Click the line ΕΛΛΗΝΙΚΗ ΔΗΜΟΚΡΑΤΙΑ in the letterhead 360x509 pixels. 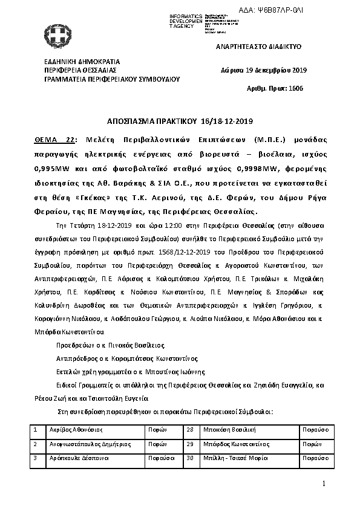82,62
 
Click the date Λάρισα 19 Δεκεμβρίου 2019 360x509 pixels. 264,71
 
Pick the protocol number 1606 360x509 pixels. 295,88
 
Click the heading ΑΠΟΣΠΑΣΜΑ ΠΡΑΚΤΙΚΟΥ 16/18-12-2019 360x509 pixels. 180,121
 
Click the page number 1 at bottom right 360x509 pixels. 324,484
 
